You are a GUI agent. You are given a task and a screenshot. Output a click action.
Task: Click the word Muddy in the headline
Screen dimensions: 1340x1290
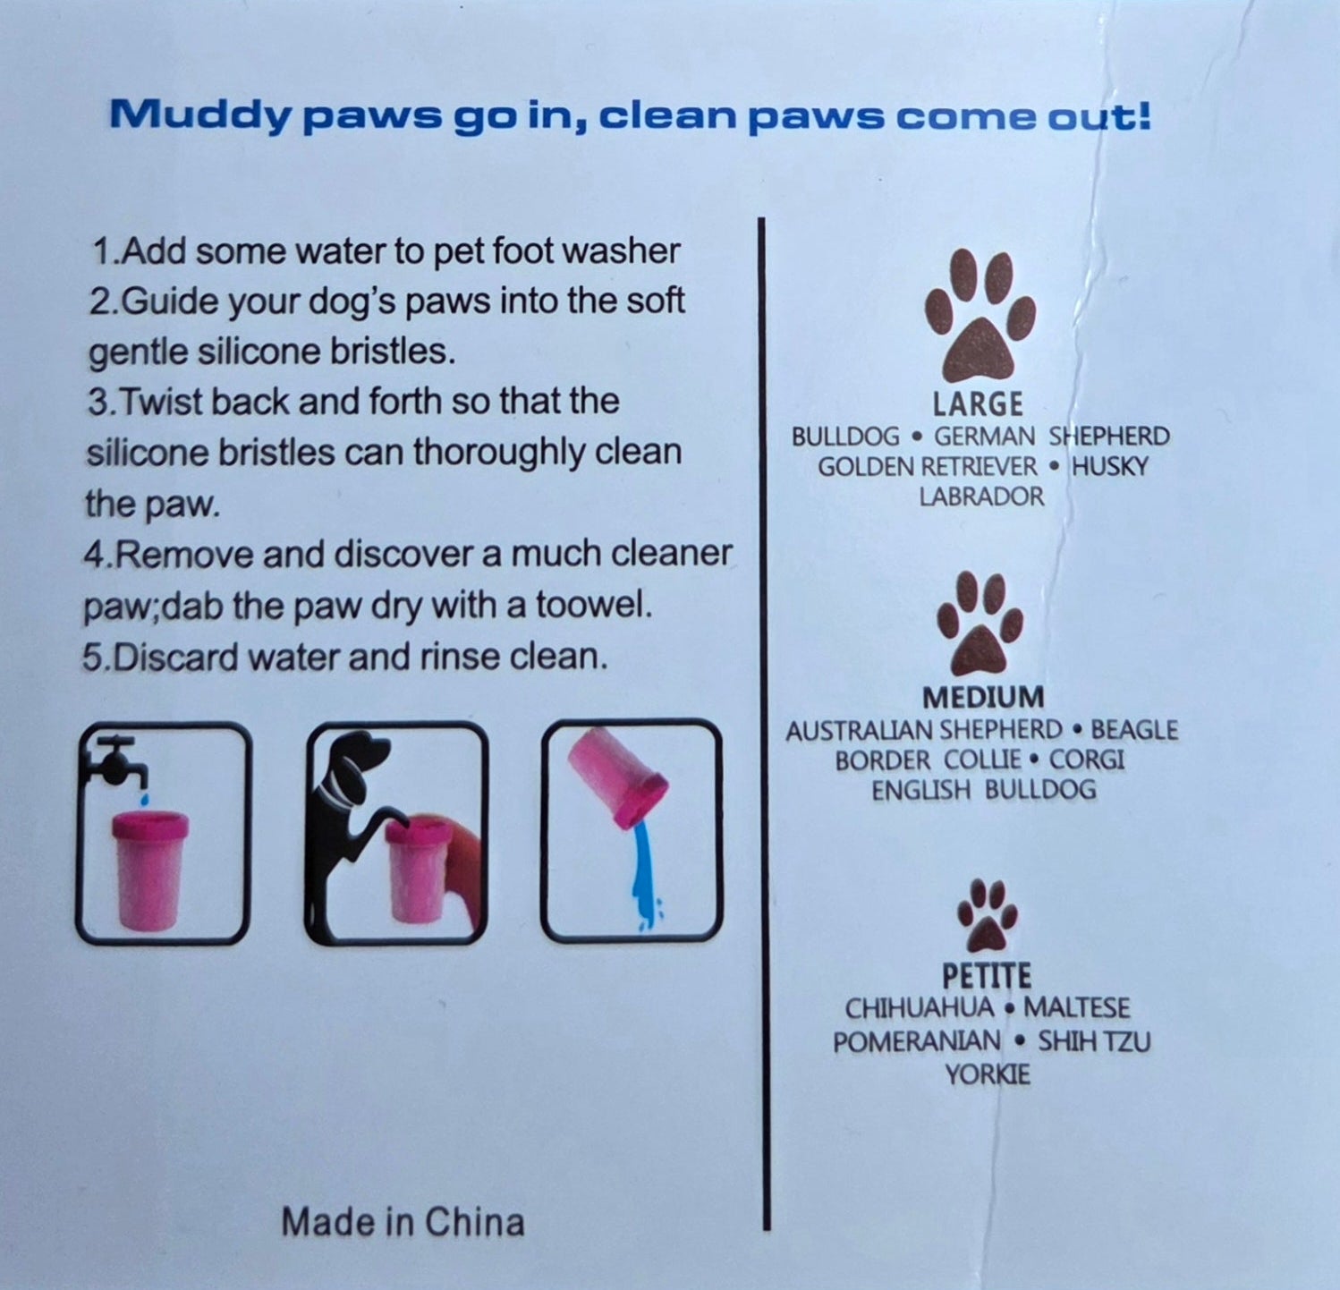[x=199, y=117]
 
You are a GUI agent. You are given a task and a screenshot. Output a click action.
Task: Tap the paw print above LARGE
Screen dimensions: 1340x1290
[x=980, y=315]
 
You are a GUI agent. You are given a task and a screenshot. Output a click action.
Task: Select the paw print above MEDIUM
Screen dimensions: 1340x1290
[x=980, y=623]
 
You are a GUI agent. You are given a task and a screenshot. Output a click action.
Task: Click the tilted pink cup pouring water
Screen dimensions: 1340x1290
[x=616, y=775]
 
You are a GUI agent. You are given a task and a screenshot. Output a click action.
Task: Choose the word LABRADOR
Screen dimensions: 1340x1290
[x=981, y=496]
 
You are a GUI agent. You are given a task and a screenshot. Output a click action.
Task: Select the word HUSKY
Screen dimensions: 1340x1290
[x=1110, y=466]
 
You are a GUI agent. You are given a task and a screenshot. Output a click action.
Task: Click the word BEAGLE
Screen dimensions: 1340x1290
[x=1134, y=730]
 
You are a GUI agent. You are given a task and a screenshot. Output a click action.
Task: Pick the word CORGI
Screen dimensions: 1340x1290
[x=1087, y=760]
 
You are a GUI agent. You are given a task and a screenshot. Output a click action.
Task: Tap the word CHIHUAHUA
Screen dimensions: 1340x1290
[x=920, y=1008]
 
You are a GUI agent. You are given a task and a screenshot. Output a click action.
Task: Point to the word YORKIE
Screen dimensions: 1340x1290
[x=988, y=1074]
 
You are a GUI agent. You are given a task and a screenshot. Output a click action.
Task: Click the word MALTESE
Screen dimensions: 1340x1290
[x=1076, y=1008]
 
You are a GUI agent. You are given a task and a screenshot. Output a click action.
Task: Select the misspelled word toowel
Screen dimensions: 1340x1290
[x=594, y=606]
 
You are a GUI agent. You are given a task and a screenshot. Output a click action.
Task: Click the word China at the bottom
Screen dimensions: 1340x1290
[x=474, y=1222]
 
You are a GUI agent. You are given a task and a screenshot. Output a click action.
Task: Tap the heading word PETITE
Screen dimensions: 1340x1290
[x=987, y=975]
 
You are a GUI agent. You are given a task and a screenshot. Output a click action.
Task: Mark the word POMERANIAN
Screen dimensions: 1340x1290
[x=917, y=1041]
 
